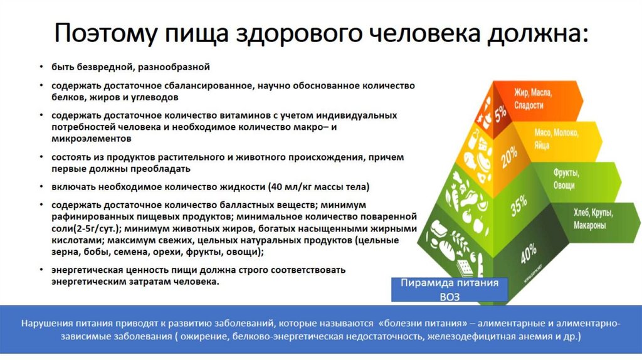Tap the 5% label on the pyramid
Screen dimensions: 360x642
(x=500, y=114)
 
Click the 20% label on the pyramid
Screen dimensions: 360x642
(x=508, y=154)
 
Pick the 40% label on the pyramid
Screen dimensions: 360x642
(x=528, y=254)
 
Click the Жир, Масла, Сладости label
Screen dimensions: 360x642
(x=532, y=99)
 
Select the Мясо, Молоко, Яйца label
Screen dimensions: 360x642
(x=555, y=139)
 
